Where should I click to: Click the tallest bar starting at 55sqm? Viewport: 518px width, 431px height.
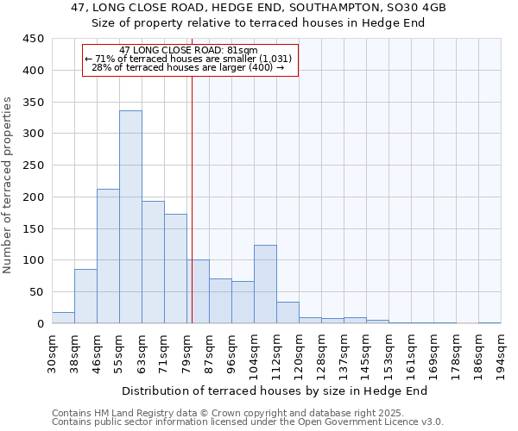coord(130,217)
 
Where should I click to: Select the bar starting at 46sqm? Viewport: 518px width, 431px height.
coord(108,256)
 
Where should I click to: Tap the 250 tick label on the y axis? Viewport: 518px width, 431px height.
coord(34,166)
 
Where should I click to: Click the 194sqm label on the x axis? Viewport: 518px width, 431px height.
coord(502,353)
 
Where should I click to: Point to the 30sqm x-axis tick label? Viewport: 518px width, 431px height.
coord(53,353)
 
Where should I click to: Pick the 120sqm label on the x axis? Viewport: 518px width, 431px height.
coord(300,353)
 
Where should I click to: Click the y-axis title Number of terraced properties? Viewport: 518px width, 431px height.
coord(8,184)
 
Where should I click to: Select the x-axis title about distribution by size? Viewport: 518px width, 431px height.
coord(275,390)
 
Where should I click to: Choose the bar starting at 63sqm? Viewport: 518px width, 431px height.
coord(153,262)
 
